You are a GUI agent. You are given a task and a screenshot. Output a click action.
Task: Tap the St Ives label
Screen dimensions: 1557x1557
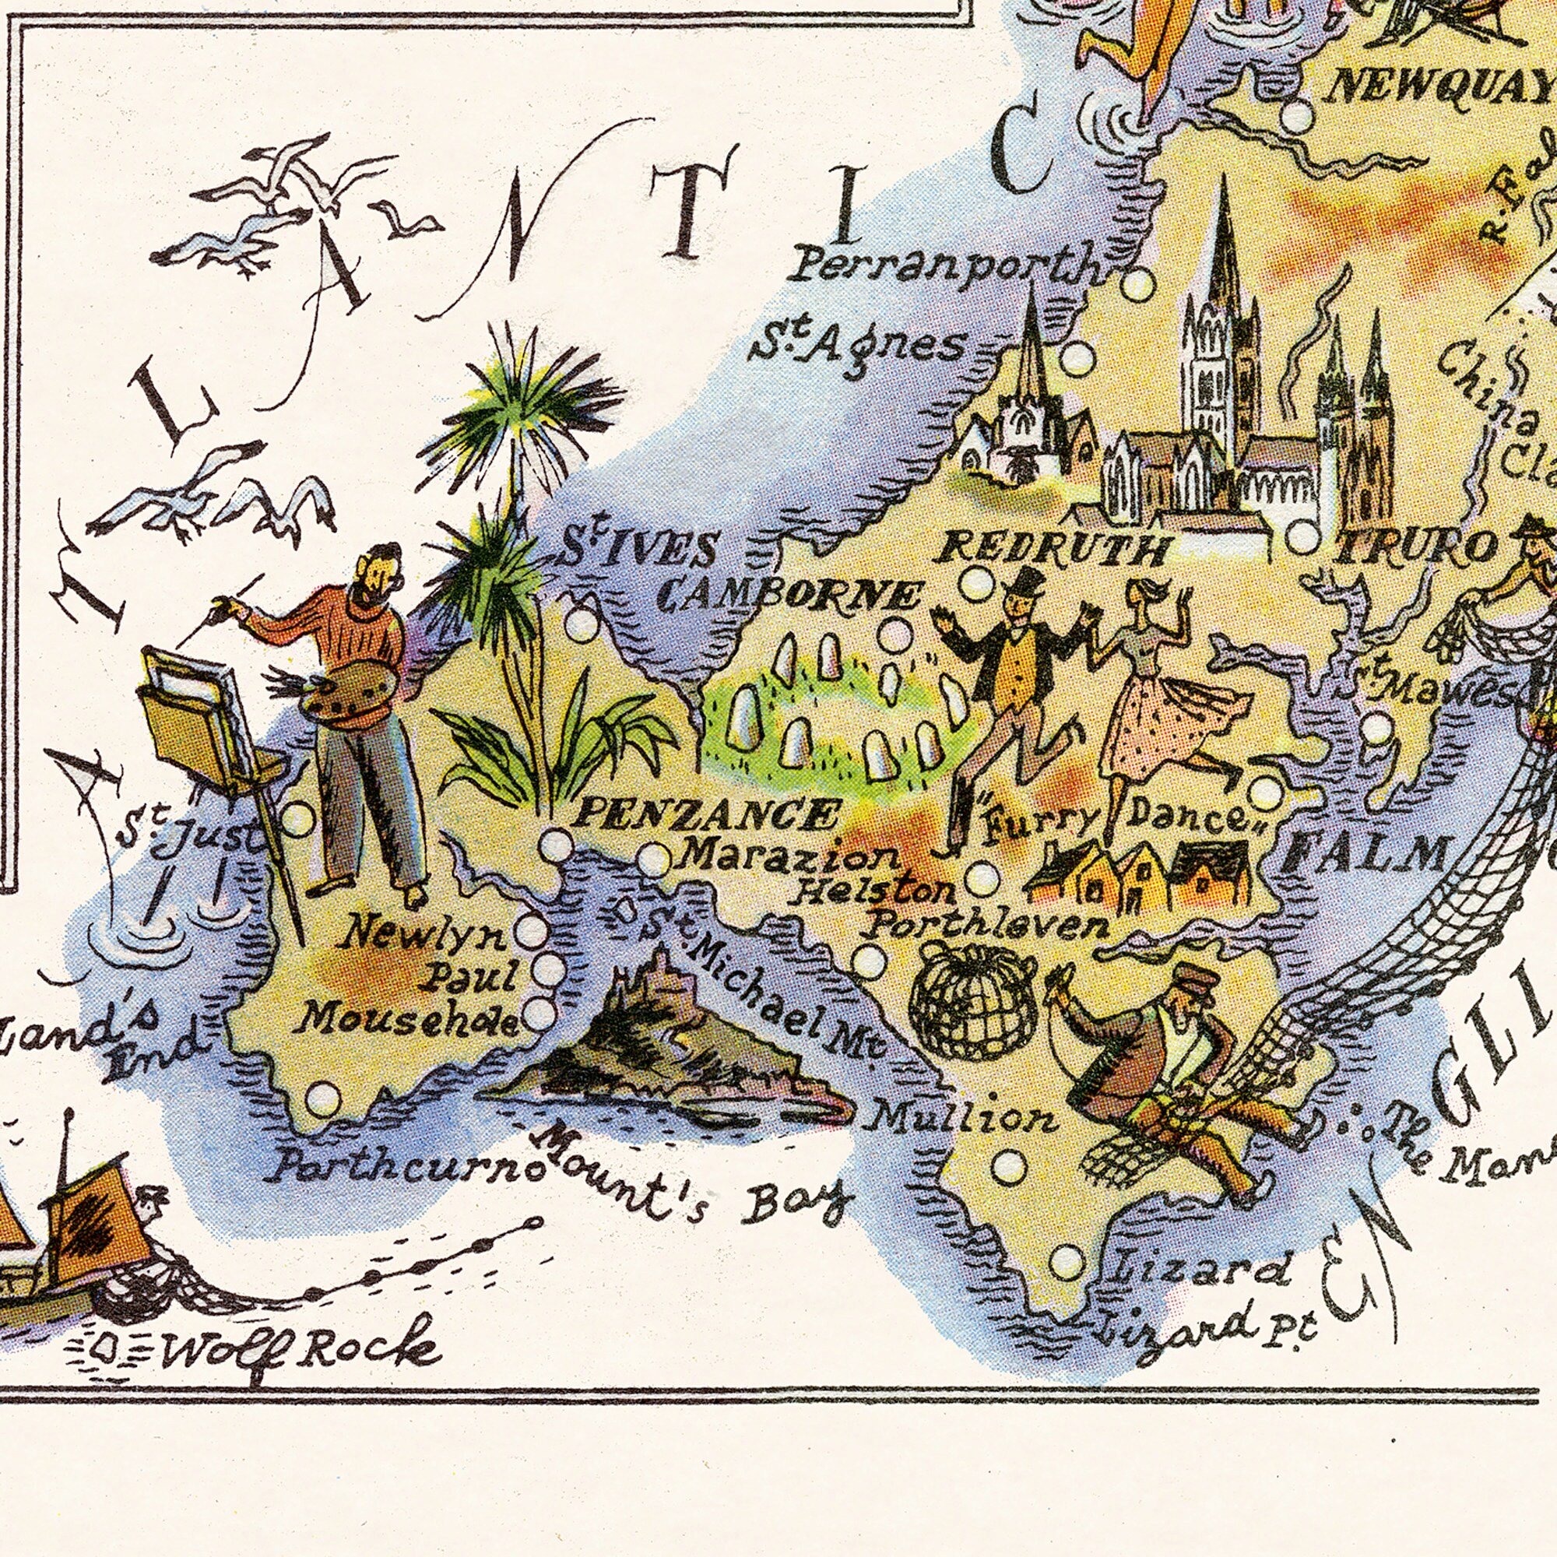[x=638, y=550]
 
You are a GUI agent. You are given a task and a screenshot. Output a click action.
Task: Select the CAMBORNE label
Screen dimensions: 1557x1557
[x=789, y=596]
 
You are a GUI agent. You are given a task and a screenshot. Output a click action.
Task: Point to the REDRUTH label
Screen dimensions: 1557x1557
[x=1055, y=550]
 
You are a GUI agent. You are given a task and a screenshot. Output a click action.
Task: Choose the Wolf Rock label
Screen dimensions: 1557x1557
[x=301, y=1344]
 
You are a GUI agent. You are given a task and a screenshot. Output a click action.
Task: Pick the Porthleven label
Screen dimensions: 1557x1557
[x=988, y=925]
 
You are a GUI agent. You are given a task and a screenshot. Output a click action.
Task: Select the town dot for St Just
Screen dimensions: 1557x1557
[x=297, y=820]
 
